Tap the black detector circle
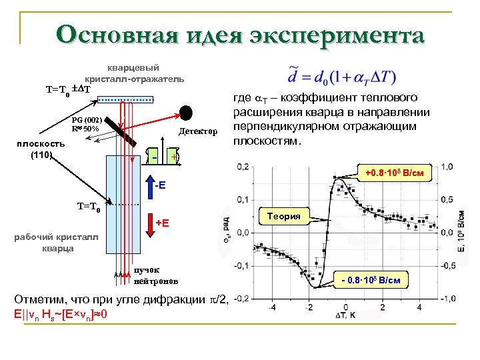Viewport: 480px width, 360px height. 186,111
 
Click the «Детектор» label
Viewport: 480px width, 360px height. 198,131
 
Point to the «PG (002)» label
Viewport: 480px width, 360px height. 87,119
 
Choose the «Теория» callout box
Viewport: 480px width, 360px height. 283,216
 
